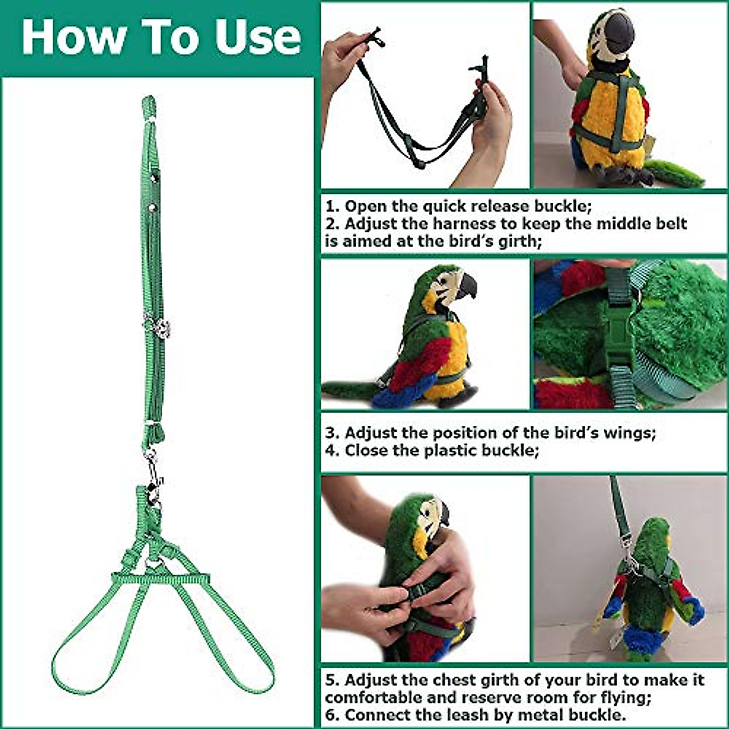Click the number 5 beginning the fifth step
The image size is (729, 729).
click(x=330, y=679)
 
